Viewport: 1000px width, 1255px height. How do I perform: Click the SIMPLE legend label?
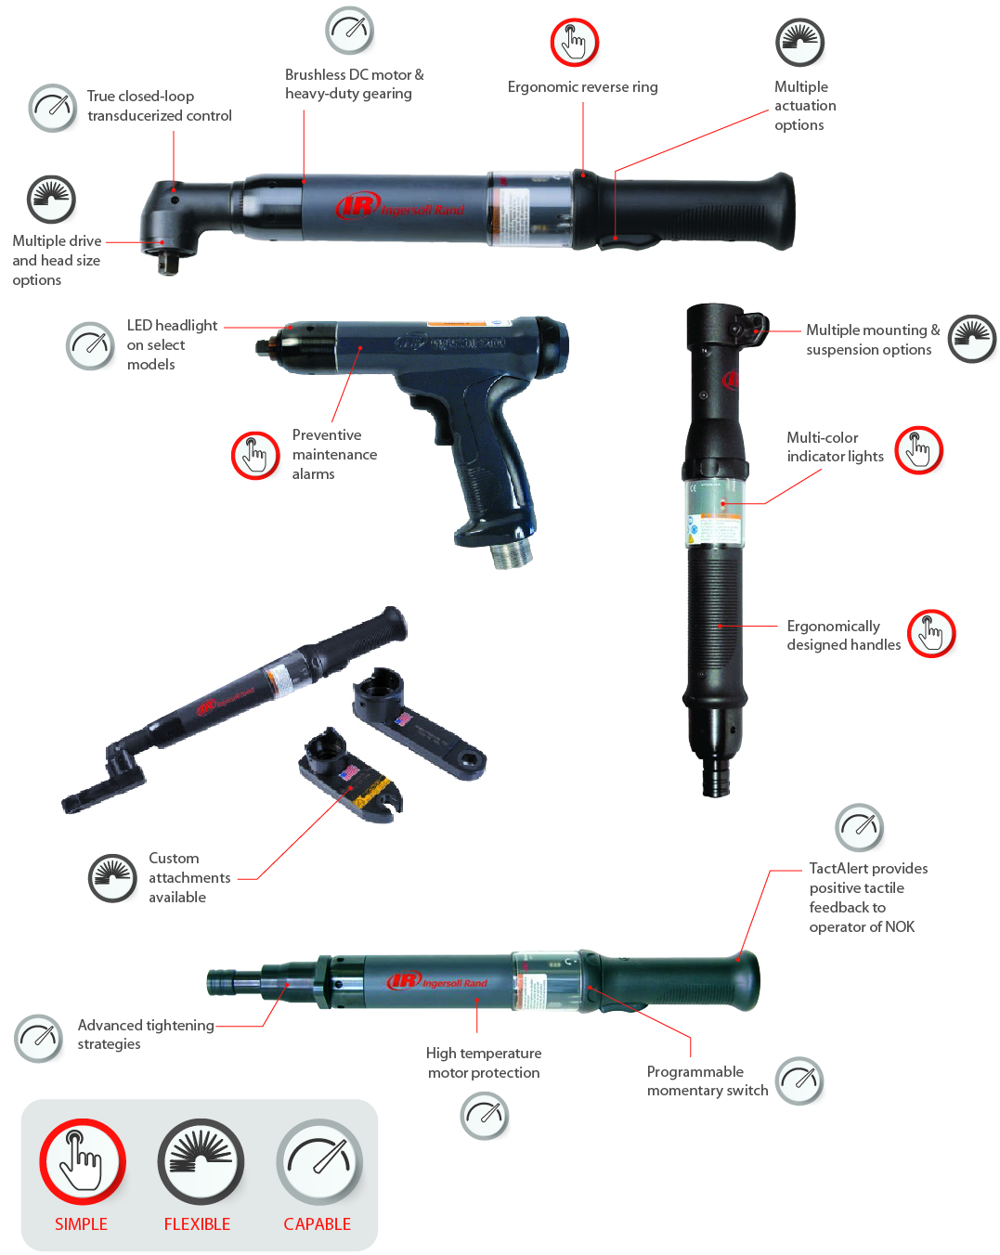pyautogui.click(x=81, y=1223)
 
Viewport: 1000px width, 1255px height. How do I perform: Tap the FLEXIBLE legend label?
pyautogui.click(x=197, y=1223)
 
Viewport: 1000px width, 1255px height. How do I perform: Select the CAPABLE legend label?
pyautogui.click(x=317, y=1223)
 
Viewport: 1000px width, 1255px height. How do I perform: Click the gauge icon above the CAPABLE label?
pyautogui.click(x=318, y=1161)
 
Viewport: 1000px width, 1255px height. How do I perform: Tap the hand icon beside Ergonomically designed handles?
pyautogui.click(x=930, y=633)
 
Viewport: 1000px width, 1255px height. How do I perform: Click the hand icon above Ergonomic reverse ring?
pyautogui.click(x=574, y=42)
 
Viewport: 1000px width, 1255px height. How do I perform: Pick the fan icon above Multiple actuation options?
pyautogui.click(x=799, y=42)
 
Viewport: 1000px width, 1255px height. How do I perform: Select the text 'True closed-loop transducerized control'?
pyautogui.click(x=159, y=106)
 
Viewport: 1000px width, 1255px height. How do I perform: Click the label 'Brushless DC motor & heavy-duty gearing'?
pyautogui.click(x=354, y=84)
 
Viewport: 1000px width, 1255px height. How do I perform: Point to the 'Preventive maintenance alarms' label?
pyautogui.click(x=334, y=454)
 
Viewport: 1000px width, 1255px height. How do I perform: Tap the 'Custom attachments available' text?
pyautogui.click(x=189, y=877)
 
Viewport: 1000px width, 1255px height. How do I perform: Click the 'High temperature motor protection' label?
pyautogui.click(x=484, y=1063)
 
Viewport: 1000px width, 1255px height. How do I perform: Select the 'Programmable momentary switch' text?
pyautogui.click(x=707, y=1080)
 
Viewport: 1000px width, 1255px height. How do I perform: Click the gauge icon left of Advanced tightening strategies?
pyautogui.click(x=38, y=1037)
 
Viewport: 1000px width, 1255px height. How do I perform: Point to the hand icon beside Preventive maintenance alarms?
pyautogui.click(x=254, y=455)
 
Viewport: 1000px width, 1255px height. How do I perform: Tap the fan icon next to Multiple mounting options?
pyautogui.click(x=971, y=338)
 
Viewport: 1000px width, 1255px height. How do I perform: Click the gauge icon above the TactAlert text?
pyautogui.click(x=859, y=826)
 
